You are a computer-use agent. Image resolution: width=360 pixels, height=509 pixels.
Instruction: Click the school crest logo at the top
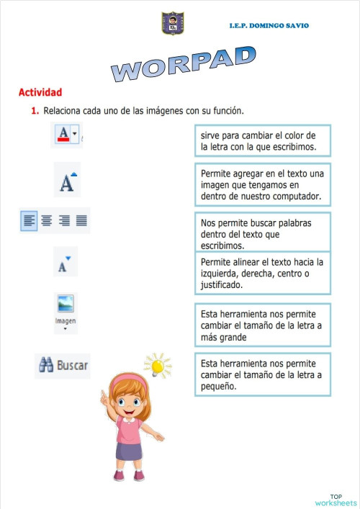tap(173, 23)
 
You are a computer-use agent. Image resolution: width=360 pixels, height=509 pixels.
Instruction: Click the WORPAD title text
tap(184, 63)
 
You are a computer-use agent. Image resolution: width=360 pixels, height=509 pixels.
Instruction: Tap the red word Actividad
tap(40, 92)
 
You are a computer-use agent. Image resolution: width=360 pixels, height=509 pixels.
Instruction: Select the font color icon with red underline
tap(63, 134)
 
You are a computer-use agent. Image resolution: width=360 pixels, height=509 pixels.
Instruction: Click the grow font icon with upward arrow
tap(67, 181)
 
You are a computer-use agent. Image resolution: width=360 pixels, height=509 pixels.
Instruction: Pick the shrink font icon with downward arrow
tap(65, 263)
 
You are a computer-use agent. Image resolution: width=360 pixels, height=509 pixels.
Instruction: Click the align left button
tap(29, 220)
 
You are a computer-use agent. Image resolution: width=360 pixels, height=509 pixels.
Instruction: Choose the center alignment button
tap(46, 220)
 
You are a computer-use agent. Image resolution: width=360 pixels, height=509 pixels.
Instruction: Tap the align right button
tap(64, 220)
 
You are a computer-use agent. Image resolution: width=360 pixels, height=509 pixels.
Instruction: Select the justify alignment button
tap(81, 220)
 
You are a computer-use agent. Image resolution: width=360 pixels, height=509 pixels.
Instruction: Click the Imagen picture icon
tap(66, 303)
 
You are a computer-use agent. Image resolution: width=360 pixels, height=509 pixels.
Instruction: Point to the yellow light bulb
tap(157, 365)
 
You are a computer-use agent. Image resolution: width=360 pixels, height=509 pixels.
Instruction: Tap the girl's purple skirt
tap(129, 451)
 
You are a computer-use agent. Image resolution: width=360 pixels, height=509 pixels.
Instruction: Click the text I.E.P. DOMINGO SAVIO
tap(269, 25)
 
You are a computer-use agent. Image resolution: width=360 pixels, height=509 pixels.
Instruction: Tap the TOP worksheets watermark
tap(336, 500)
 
